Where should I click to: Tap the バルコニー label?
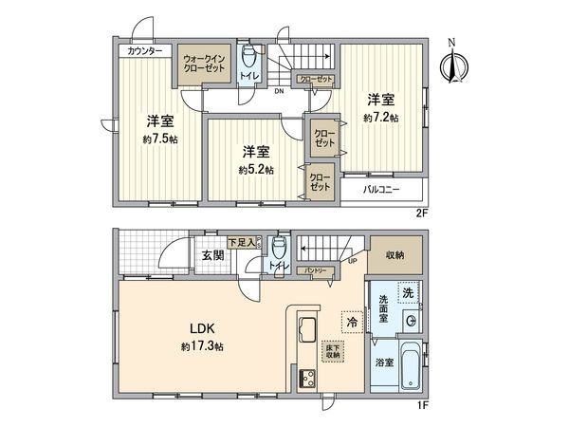coord(384,191)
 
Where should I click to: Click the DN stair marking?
coord(280,93)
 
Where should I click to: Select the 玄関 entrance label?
coord(211,255)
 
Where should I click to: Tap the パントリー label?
coord(316,271)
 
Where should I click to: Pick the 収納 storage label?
coord(395,255)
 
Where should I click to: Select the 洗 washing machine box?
coord(408,292)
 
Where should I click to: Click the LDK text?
coord(196,329)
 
